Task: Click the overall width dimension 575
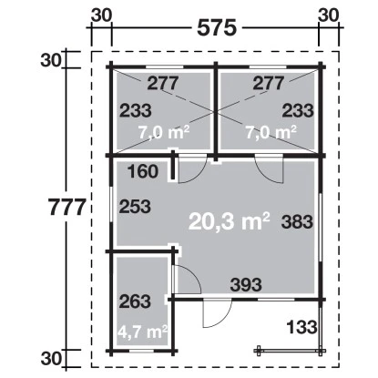tap(216, 26)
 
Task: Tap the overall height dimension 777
tap(67, 206)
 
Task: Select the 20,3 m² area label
tap(230, 220)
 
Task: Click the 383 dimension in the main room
tap(298, 221)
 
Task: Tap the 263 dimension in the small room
tap(134, 301)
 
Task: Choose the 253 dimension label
tap(134, 207)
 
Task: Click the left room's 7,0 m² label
tap(163, 131)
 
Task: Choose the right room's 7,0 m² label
tap(271, 131)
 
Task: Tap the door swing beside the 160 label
tap(189, 169)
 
